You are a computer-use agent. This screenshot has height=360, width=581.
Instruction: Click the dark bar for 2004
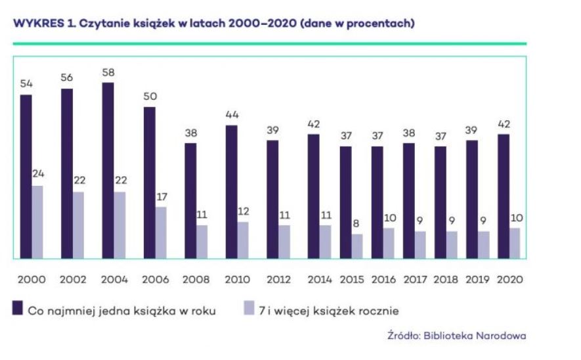108,171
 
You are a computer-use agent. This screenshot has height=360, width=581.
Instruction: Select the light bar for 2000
37,222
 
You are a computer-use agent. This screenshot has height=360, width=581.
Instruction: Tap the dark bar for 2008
190,200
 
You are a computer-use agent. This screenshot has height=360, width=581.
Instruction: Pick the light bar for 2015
356,246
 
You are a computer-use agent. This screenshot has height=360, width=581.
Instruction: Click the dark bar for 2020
503,196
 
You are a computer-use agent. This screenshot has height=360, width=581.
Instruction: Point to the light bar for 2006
161,233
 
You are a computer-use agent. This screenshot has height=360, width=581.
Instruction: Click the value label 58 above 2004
108,73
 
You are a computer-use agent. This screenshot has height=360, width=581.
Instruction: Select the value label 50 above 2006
150,97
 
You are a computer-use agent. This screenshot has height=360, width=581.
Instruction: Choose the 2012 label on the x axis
278,279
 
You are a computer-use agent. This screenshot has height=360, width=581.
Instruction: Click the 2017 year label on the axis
415,279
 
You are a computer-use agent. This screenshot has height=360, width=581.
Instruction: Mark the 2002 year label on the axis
73,279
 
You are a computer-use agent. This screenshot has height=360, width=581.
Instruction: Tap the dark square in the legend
18,308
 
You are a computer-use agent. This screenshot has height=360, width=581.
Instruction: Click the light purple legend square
249,308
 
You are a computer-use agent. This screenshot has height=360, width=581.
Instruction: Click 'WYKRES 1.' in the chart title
39,24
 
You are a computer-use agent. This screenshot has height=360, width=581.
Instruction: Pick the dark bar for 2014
314,196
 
